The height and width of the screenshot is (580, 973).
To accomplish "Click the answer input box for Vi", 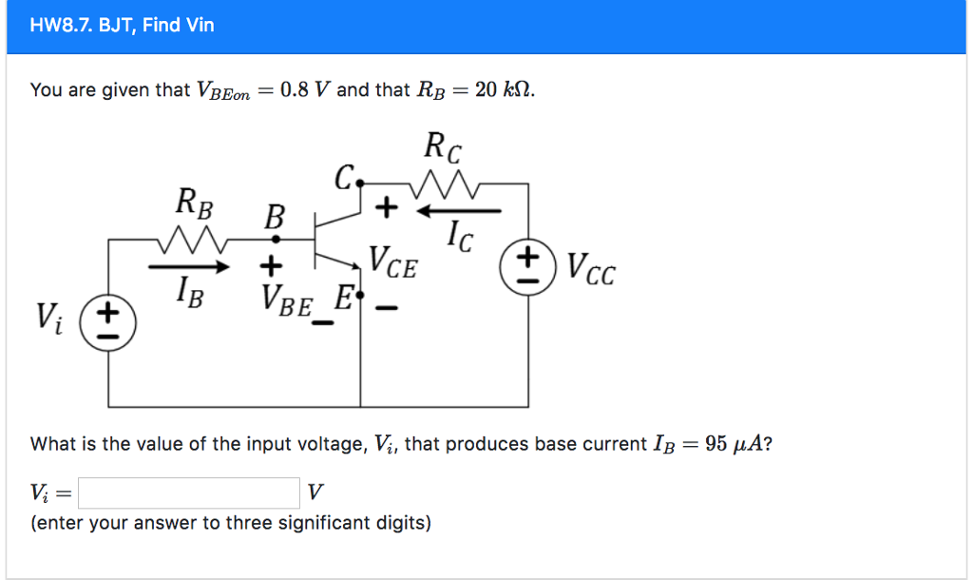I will (189, 493).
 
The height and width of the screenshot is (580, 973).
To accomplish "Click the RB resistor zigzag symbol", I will (195, 240).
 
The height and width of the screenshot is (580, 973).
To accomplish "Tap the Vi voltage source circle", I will (108, 321).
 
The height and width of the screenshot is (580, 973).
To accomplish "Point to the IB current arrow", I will (190, 268).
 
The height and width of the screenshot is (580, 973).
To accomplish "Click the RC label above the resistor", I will (445, 147).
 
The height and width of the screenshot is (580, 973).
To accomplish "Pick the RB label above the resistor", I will (194, 203).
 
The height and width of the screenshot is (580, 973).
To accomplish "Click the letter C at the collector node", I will (343, 178).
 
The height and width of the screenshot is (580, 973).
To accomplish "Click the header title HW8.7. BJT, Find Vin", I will (123, 26).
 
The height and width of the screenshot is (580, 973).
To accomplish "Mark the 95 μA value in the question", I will (733, 444).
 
